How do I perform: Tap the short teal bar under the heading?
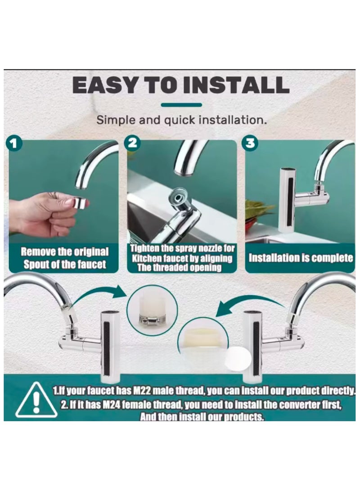(181, 105)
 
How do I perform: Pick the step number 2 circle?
(133, 143)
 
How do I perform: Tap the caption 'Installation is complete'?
(301, 258)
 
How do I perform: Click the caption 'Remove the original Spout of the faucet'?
(64, 258)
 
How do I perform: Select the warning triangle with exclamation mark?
(36, 400)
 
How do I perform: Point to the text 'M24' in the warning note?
(111, 405)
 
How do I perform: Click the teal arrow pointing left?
(251, 305)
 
